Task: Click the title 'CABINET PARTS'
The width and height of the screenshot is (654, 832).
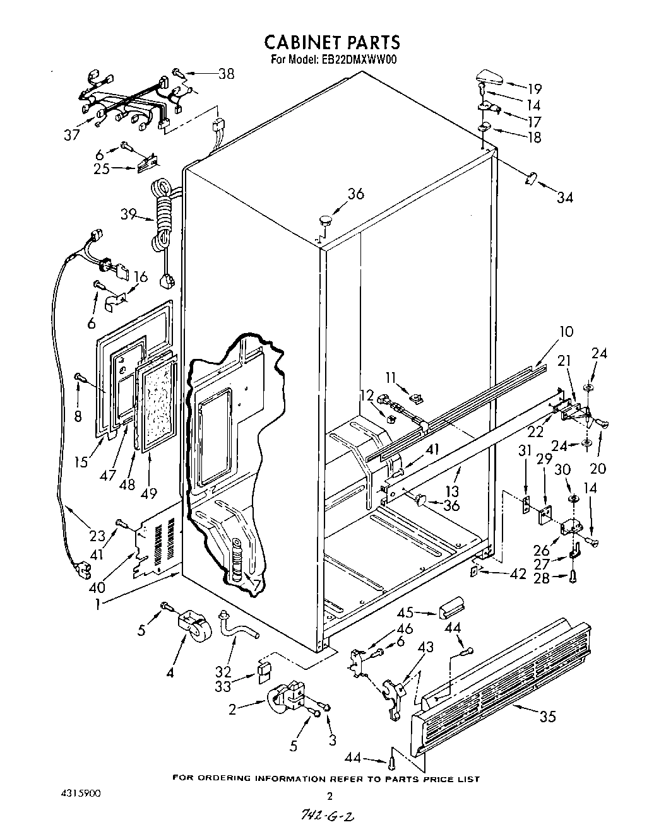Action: pos(331,42)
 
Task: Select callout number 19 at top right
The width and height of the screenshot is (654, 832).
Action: pos(534,88)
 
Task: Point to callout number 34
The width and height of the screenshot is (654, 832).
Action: pos(564,197)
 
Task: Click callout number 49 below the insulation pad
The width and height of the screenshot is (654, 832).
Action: pos(149,491)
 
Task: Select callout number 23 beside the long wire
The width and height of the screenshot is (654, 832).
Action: pos(96,537)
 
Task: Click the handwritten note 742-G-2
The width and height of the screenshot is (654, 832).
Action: pos(328,816)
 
